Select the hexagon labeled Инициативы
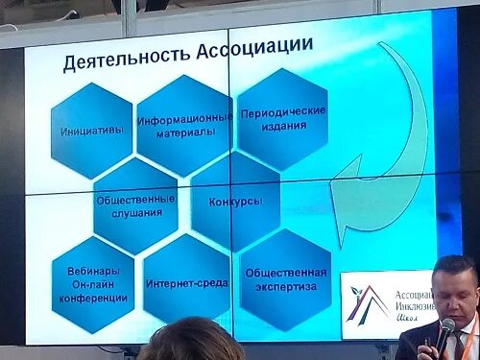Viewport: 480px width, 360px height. coord(92,131)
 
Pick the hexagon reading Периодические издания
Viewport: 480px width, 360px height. coord(282,118)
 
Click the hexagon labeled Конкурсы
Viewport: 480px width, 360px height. coord(235,202)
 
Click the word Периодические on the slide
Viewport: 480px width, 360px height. coord(282,110)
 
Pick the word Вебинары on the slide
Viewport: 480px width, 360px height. coord(92,272)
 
